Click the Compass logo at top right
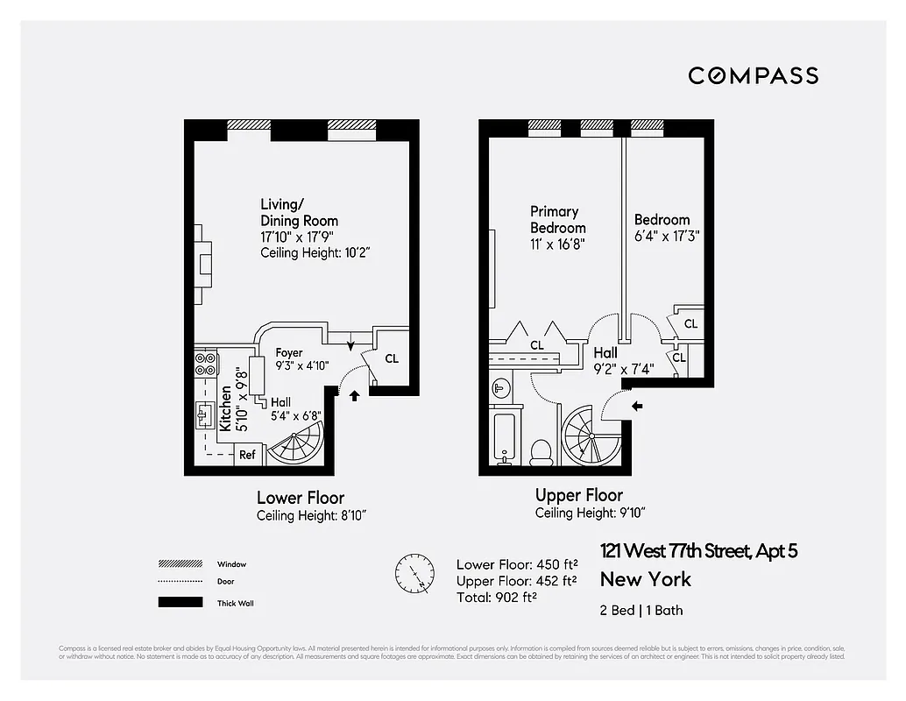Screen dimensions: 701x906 tap(753, 75)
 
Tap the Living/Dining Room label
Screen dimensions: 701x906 tap(299, 213)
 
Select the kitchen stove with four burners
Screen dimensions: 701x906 tap(204, 364)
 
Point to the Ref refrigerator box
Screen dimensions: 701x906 tap(248, 455)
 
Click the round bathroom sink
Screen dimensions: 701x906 tap(500, 386)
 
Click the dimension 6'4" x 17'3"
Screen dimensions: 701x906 tap(667, 236)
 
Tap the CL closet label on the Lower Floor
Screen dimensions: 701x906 tap(392, 358)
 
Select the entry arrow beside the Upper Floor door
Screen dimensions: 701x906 tap(637, 406)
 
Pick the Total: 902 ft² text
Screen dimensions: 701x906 tap(496, 597)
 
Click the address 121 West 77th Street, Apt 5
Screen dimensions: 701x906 tap(698, 551)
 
